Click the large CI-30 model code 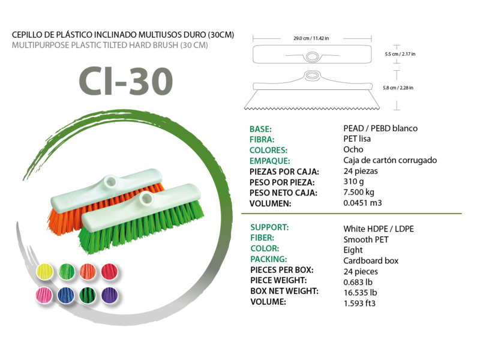125,82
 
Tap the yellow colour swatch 47,271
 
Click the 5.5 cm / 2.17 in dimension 400,54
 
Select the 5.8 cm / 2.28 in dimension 398,88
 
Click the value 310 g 354,182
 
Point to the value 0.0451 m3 362,203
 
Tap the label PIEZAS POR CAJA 283,171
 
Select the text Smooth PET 366,239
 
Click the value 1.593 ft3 359,303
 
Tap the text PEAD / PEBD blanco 380,128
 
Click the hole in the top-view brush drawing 311,56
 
